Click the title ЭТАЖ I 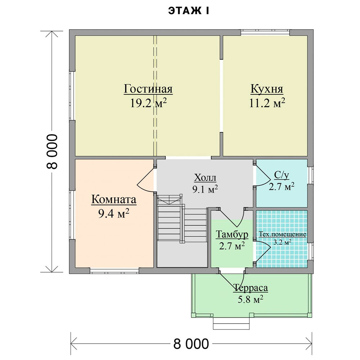click(x=189, y=11)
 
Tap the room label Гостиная click(x=148, y=89)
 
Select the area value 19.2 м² click(x=148, y=103)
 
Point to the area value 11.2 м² click(x=267, y=103)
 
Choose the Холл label click(x=205, y=177)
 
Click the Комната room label click(x=114, y=199)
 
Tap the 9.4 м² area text click(x=114, y=213)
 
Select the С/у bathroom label click(x=282, y=175)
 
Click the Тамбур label click(x=232, y=234)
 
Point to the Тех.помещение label click(x=282, y=234)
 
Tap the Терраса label click(x=251, y=288)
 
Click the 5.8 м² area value click(x=250, y=300)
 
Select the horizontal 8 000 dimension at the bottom click(x=191, y=344)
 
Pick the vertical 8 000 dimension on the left click(x=52, y=152)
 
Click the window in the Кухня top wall click(x=265, y=33)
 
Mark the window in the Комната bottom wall click(x=114, y=271)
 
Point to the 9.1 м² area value click(x=205, y=189)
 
